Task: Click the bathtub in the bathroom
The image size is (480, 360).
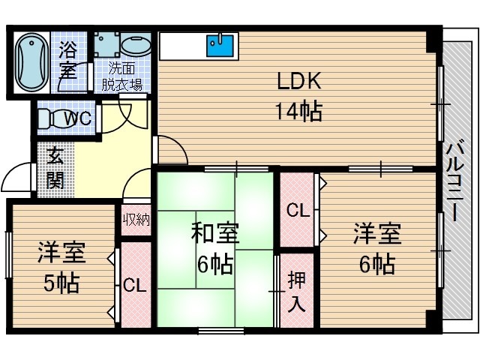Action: point(31,62)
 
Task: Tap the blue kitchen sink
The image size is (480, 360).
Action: point(220,46)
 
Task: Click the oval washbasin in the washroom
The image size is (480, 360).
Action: point(136,46)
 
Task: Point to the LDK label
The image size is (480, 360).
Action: point(298,81)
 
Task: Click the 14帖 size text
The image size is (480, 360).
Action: point(298,111)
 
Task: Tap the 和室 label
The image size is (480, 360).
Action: point(215,233)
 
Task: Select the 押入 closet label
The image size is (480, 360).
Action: point(297,292)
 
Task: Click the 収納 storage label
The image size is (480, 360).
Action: point(136,219)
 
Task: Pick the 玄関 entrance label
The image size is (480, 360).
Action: point(55,168)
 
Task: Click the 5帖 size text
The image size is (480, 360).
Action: point(61,283)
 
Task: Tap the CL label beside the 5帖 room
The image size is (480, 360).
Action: point(135,286)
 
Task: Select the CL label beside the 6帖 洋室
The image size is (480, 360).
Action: point(298,211)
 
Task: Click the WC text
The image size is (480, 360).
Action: point(77,118)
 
